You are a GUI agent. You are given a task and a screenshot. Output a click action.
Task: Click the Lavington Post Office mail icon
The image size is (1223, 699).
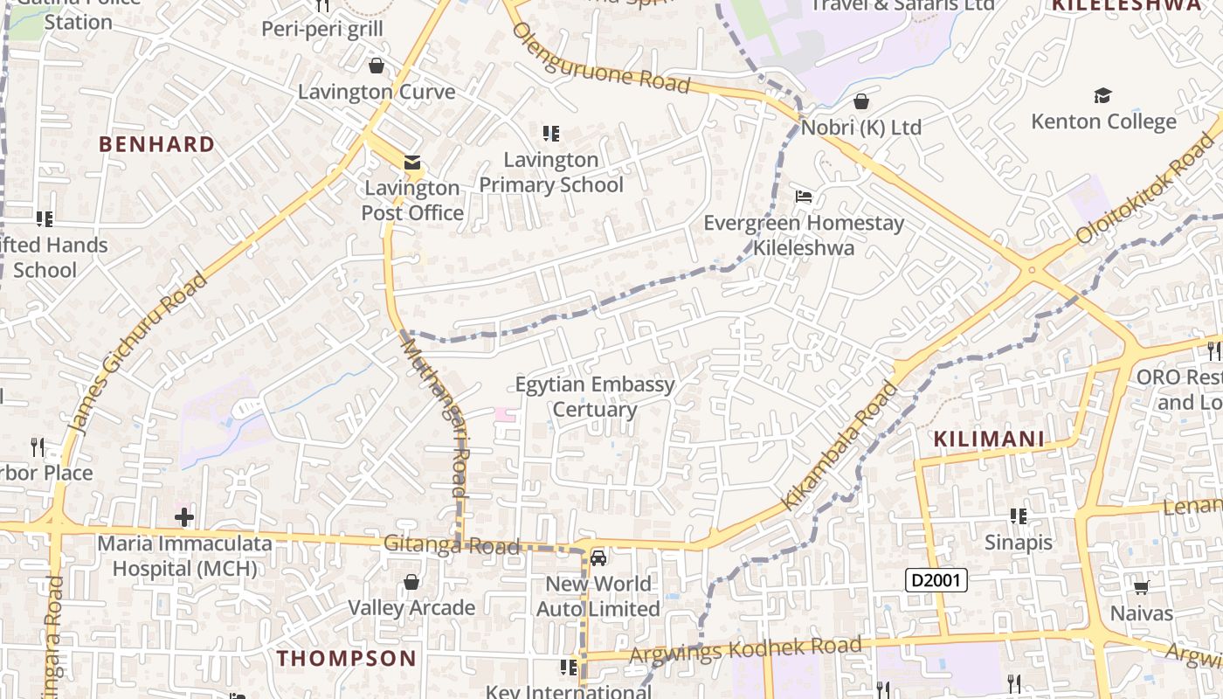coord(411,163)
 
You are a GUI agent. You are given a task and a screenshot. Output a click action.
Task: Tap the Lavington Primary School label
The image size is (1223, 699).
coord(551,172)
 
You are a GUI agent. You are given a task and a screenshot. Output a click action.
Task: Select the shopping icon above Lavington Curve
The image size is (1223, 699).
coord(377,66)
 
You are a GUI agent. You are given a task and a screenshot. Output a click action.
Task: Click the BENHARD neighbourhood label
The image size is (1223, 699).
coord(157,144)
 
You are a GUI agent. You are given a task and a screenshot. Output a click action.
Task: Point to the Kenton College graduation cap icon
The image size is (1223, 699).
coord(1103,95)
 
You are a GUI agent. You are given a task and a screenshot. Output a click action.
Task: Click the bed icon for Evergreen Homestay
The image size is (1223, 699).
coord(804,196)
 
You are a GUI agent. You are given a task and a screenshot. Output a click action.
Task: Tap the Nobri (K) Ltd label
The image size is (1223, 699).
coord(861,128)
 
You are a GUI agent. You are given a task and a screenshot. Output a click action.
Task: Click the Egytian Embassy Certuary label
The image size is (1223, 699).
coord(595,397)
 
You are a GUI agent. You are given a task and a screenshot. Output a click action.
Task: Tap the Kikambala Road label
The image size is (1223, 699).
coord(839,446)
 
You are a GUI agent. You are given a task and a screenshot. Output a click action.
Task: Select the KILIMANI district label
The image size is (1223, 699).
coord(990,439)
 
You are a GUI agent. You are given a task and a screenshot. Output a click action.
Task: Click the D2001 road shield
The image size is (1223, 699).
coord(936,579)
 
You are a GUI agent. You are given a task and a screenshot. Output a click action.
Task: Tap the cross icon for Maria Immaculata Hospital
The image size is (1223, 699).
coord(184,517)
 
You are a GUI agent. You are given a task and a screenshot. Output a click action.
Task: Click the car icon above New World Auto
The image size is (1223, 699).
coord(598,558)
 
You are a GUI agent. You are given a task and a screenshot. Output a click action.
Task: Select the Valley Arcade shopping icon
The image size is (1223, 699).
coord(411,582)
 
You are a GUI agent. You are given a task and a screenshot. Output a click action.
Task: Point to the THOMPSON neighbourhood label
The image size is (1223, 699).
coord(347,658)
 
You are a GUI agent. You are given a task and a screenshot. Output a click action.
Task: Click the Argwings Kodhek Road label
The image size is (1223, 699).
coord(747,649)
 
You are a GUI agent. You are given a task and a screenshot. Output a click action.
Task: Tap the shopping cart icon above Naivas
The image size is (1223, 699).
coord(1141,587)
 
